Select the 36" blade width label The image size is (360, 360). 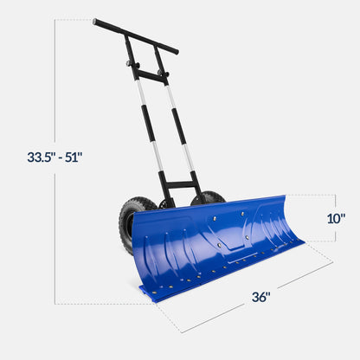click(261, 297)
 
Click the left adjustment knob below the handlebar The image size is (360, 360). click(131, 64)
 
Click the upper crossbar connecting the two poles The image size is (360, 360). click(149, 77)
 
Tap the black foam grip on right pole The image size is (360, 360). click(179, 125)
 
